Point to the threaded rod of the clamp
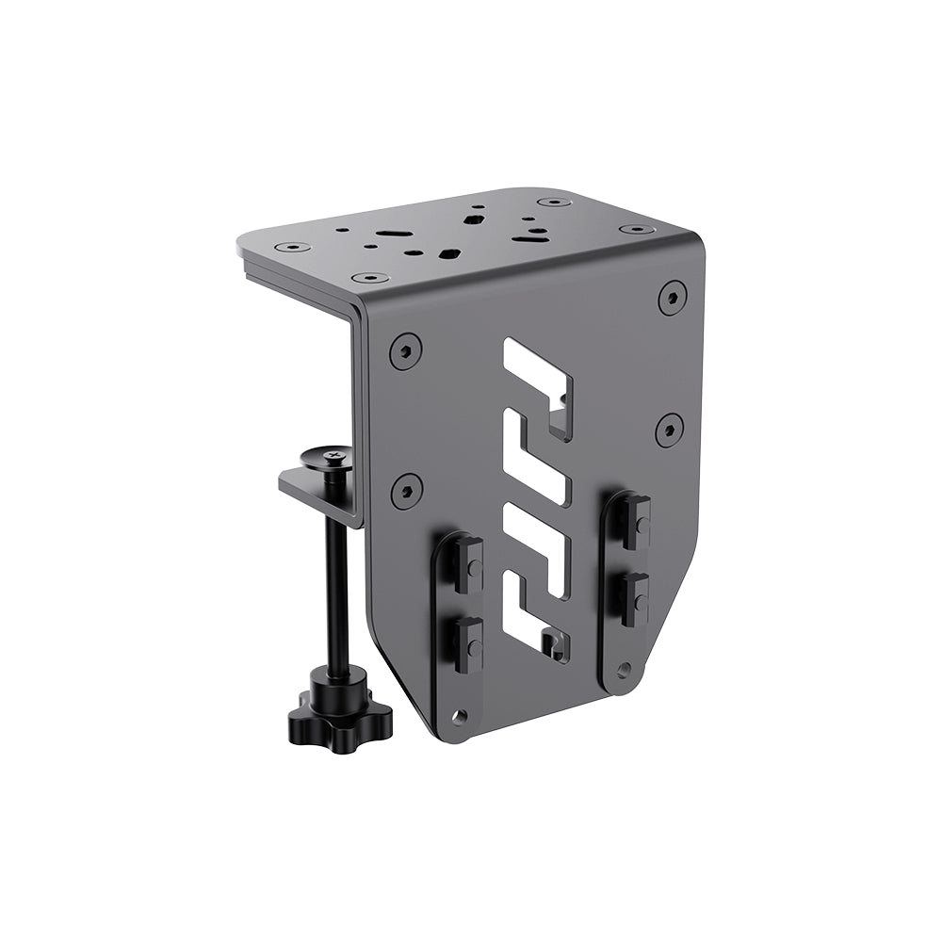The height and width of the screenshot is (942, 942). (335, 584)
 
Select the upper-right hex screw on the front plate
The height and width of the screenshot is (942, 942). (672, 297)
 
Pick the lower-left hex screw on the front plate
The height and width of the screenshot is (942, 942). (406, 490)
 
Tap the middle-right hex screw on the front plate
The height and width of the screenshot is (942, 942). (669, 429)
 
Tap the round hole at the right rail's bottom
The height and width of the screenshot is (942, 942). (623, 669)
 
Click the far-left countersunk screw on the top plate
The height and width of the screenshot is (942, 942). (293, 247)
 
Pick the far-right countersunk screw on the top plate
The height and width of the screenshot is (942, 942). (637, 229)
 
